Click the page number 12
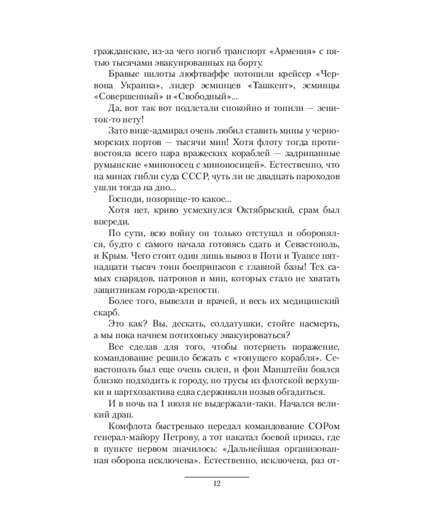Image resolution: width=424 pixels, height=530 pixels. pyautogui.click(x=216, y=483)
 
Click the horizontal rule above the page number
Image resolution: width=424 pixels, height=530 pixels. pyautogui.click(x=216, y=476)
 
